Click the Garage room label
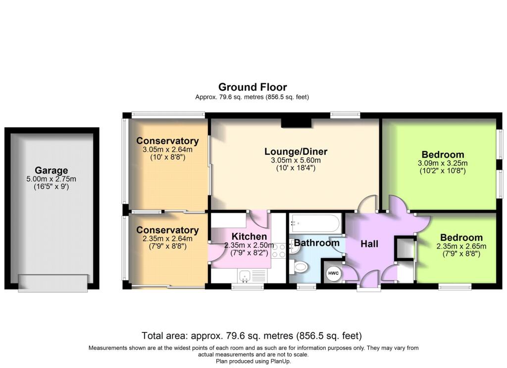pyautogui.click(x=51, y=170)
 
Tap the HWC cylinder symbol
pyautogui.click(x=333, y=274)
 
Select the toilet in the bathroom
pyautogui.click(x=298, y=267)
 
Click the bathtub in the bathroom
pyautogui.click(x=315, y=223)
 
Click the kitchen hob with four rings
pyautogui.click(x=279, y=250)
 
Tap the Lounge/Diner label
pyautogui.click(x=296, y=151)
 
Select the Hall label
pyautogui.click(x=369, y=244)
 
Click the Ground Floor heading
pyautogui.click(x=253, y=87)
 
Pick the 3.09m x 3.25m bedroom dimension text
pyautogui.click(x=443, y=163)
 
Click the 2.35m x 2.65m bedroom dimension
pyautogui.click(x=461, y=246)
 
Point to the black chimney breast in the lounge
pyautogui.click(x=296, y=123)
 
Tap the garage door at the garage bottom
pyautogui.click(x=52, y=283)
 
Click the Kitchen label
pyautogui.click(x=250, y=236)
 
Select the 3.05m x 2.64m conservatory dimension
pyautogui.click(x=167, y=149)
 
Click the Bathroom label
pyautogui.click(x=316, y=243)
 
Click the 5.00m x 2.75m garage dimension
pyautogui.click(x=51, y=179)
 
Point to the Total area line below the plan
pyautogui.click(x=252, y=336)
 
